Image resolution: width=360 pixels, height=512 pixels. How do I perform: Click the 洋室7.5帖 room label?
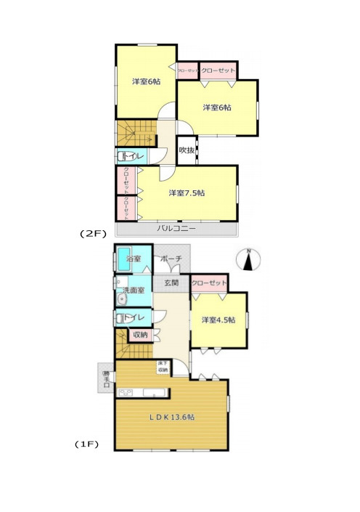(x=187, y=192)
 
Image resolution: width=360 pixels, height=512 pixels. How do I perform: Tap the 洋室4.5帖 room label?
(x=218, y=320)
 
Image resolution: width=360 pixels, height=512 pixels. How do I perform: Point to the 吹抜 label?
(x=186, y=150)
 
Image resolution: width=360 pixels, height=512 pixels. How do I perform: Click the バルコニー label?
(x=176, y=228)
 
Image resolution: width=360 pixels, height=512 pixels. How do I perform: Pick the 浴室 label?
(x=134, y=259)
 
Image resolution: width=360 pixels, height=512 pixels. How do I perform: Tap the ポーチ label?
(x=171, y=259)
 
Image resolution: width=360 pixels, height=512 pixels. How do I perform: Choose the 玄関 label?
(x=171, y=283)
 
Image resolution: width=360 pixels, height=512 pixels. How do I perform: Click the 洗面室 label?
(x=134, y=290)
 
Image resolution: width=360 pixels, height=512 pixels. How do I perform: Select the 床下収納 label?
(x=163, y=367)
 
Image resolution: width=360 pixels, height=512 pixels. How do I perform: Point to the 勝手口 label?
(x=106, y=377)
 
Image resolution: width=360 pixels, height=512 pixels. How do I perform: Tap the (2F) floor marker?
(x=93, y=234)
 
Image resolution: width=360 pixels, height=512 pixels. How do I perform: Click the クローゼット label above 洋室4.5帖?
(x=210, y=283)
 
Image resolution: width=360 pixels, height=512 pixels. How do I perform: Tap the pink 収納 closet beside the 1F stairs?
(x=139, y=335)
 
